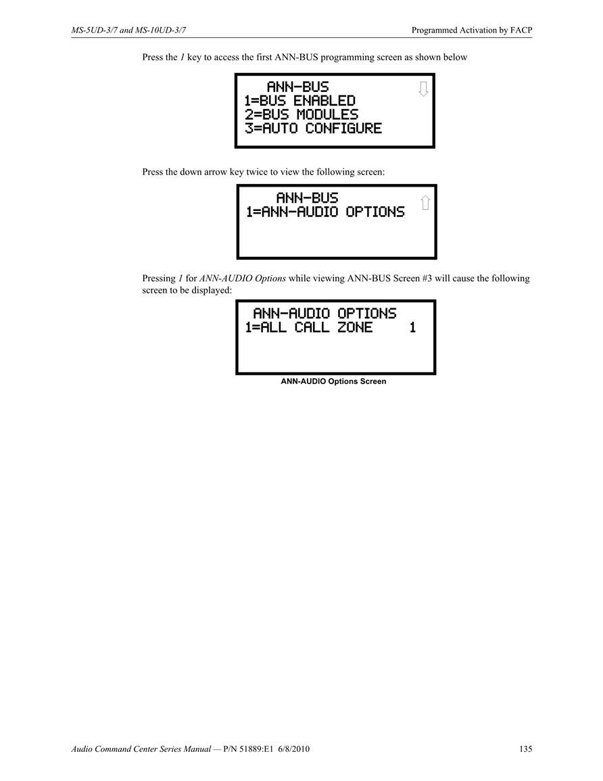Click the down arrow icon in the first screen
(423, 89)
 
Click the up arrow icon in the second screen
(425, 202)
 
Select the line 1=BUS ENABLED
(299, 101)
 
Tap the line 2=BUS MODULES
(301, 114)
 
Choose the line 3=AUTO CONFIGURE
(313, 128)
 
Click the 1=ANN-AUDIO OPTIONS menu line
(325, 212)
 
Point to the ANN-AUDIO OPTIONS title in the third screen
(324, 313)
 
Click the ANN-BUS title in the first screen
(297, 87)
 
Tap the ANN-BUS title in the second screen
(307, 197)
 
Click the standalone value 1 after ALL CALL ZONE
(412, 327)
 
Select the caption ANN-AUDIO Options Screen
(334, 381)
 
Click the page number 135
(525, 749)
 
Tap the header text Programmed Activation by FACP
(472, 30)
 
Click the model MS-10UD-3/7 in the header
(161, 30)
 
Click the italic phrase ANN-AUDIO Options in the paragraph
(243, 279)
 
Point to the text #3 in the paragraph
(427, 279)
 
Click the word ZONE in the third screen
(355, 327)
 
